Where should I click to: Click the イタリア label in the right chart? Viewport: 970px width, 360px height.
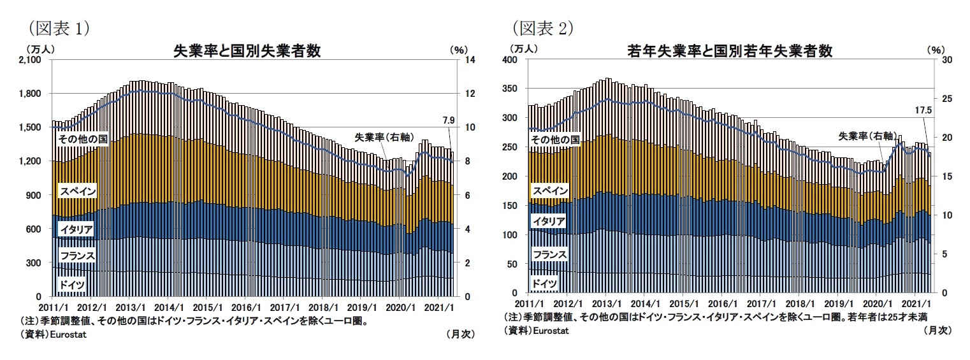tap(548, 222)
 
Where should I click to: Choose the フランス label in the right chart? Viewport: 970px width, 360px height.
tap(549, 255)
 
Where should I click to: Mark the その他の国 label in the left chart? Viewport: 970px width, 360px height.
tap(82, 138)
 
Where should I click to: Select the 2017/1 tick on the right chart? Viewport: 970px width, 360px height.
tap(763, 304)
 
